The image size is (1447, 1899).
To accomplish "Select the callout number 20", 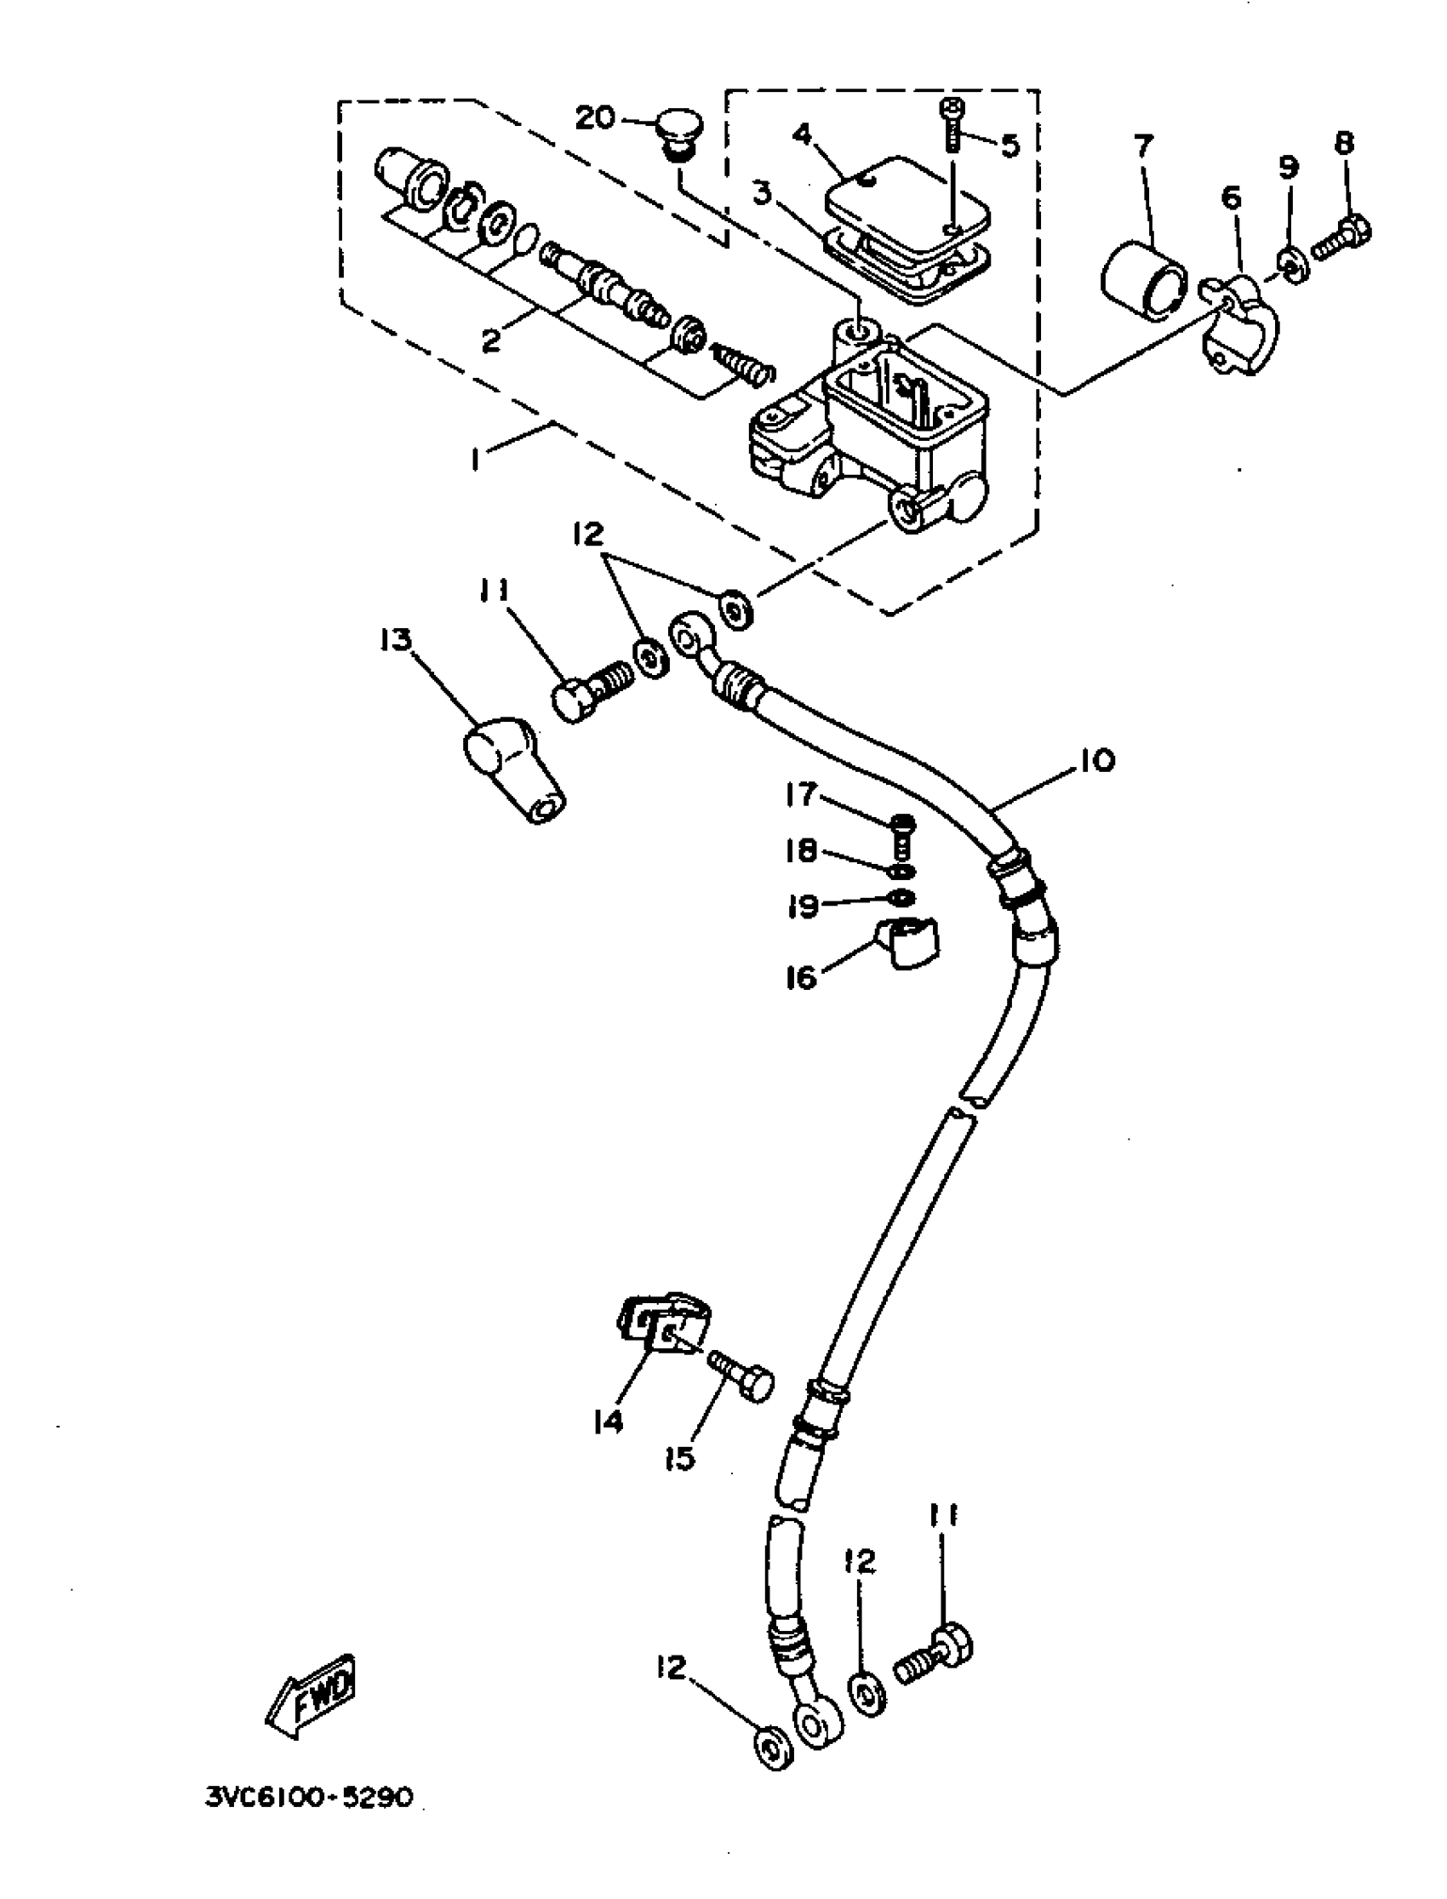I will (x=595, y=117).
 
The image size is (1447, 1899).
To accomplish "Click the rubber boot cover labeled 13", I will (x=512, y=771).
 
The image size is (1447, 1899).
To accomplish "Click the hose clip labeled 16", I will (x=908, y=946).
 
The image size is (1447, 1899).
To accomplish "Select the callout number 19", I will (x=803, y=905).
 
